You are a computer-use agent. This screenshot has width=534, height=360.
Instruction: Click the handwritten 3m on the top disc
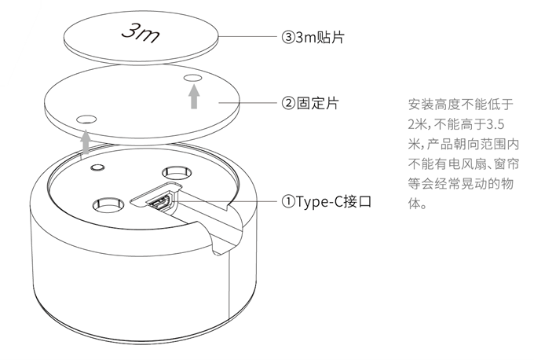pyautogui.click(x=141, y=34)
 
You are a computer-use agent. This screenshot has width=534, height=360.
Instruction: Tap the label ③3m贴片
pyautogui.click(x=313, y=37)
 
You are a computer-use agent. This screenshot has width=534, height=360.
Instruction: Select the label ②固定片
pyautogui.click(x=310, y=103)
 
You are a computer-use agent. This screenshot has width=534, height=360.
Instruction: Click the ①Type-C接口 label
pyautogui.click(x=326, y=202)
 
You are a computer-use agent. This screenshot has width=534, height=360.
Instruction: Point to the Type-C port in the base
pyautogui.click(x=159, y=201)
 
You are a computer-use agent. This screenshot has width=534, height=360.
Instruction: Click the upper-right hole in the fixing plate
pyautogui.click(x=192, y=78)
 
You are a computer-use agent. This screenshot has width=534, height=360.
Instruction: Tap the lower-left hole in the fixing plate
pyautogui.click(x=86, y=119)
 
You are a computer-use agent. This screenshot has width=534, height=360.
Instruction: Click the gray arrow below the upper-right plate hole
pyautogui.click(x=194, y=97)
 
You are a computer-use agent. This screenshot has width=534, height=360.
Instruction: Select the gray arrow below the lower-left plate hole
pyautogui.click(x=86, y=141)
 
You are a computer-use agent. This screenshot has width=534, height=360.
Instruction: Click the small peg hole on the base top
pyautogui.click(x=97, y=167)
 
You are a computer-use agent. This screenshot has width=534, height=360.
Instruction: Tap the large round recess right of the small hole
pyautogui.click(x=177, y=172)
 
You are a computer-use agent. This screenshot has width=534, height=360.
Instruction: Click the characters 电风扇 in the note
pyautogui.click(x=467, y=164)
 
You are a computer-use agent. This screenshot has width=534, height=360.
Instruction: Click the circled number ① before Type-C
pyautogui.click(x=288, y=202)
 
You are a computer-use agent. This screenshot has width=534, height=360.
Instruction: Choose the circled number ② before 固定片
pyautogui.click(x=288, y=103)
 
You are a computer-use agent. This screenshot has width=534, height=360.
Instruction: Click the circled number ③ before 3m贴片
pyautogui.click(x=288, y=37)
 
